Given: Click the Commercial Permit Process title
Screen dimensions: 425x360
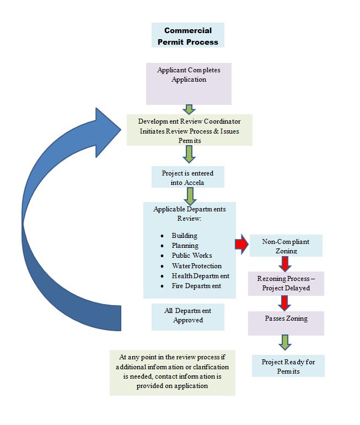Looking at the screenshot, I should click(187, 35).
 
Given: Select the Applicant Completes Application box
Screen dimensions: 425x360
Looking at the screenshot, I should click(189, 83).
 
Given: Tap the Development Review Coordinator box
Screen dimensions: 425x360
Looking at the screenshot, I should click(189, 130).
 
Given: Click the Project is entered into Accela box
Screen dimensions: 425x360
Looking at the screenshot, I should click(187, 177).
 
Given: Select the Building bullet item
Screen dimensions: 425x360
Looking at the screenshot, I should click(184, 236).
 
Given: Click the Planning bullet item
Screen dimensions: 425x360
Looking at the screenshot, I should click(185, 246).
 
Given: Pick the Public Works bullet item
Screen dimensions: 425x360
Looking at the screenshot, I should click(191, 256).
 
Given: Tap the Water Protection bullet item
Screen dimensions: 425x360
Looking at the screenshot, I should click(196, 266).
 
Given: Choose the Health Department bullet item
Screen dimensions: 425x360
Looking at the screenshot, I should click(200, 276).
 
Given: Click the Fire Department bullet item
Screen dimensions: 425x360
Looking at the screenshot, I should click(196, 286).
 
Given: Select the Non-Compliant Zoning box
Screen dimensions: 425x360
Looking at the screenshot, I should click(286, 246).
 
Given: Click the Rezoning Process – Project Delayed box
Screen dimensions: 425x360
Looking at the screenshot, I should click(286, 283).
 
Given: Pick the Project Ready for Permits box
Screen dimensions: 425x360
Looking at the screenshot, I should click(288, 366).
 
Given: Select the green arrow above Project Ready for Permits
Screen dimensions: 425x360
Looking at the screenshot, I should click(284, 342).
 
